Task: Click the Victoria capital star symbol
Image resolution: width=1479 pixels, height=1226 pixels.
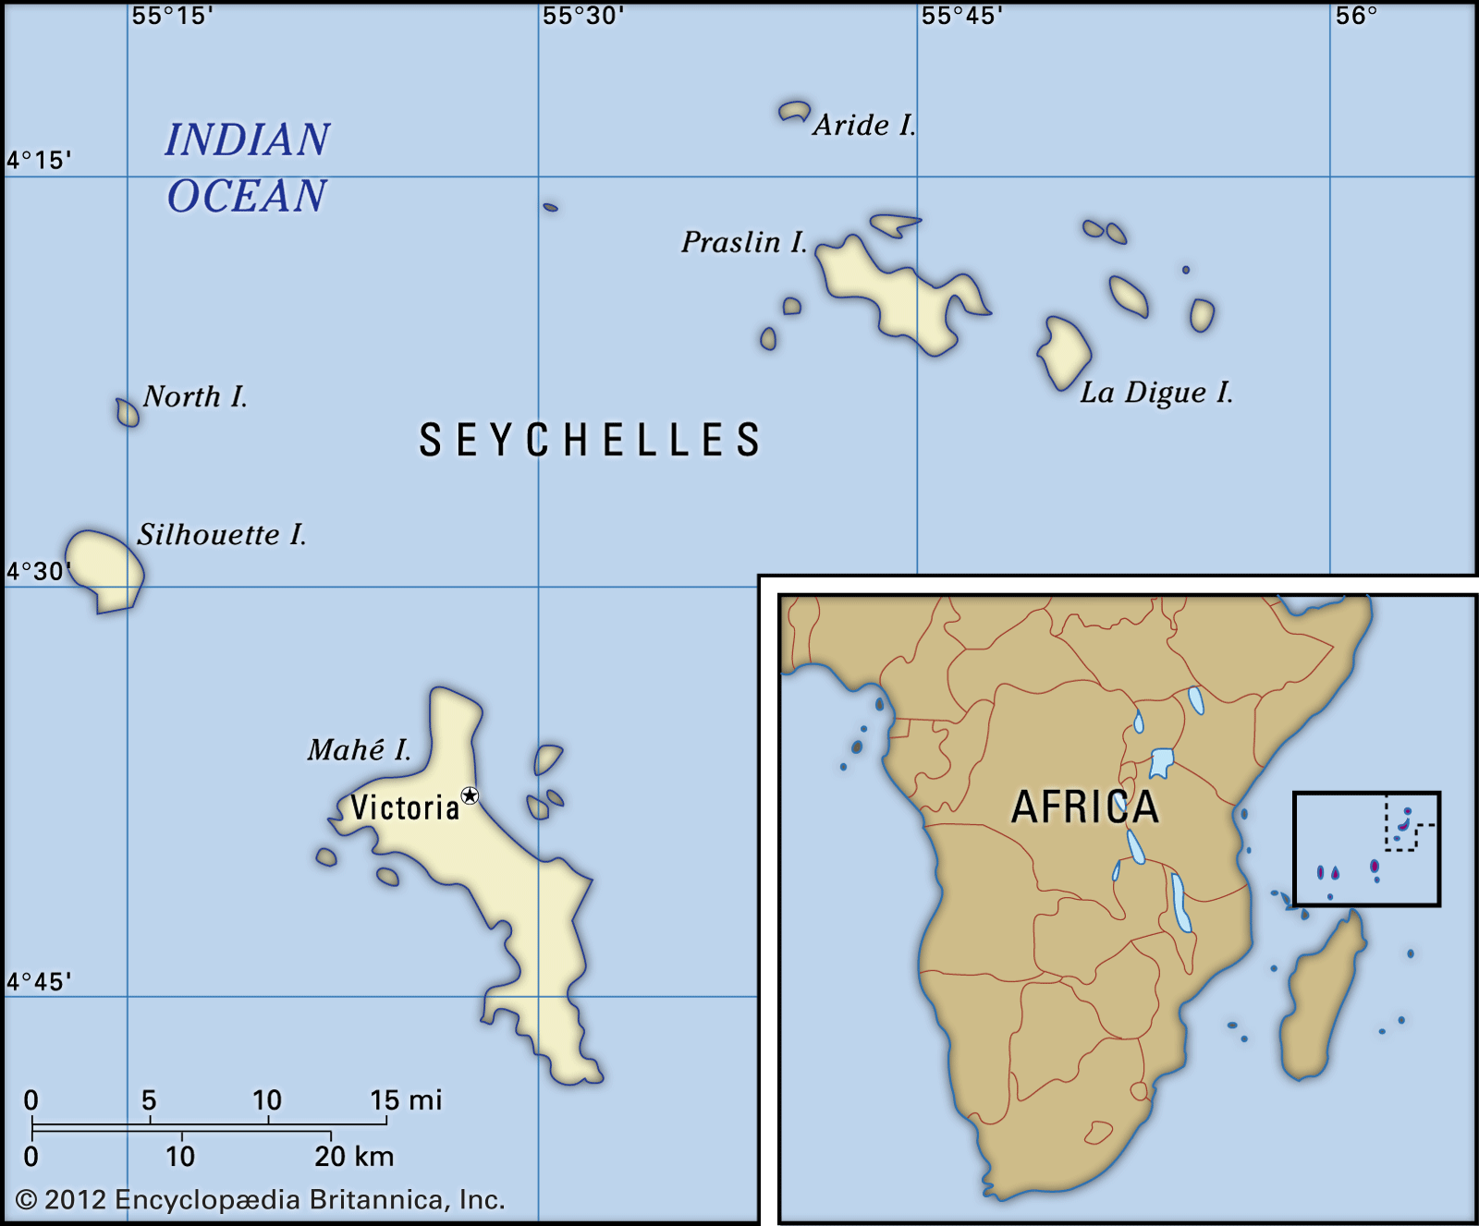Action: pos(471,795)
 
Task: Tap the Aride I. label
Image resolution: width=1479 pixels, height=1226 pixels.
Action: pos(864,125)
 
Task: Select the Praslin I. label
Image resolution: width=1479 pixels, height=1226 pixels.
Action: pos(744,242)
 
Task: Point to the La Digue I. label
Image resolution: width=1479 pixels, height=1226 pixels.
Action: pos(1156,393)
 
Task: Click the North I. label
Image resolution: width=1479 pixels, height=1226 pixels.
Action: pos(195,397)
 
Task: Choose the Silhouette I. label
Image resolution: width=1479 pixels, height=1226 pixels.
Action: pos(222,535)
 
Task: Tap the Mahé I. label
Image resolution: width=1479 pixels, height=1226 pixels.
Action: pos(359,749)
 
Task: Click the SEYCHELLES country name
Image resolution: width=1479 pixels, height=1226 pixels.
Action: pos(590,440)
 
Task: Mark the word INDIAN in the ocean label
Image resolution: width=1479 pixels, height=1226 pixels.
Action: pos(247,140)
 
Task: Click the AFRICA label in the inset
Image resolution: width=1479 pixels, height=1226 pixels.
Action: pos(1085,807)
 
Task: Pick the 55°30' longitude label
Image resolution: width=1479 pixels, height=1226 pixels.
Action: pos(583,16)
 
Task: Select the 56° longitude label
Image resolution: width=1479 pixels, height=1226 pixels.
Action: pos(1356,16)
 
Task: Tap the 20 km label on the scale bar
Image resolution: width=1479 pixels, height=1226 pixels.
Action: pos(354,1157)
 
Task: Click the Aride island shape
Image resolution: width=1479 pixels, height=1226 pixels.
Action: pos(793,112)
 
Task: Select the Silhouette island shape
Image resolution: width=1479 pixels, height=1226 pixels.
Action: pos(104,567)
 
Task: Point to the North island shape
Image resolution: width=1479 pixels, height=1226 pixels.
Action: pos(128,412)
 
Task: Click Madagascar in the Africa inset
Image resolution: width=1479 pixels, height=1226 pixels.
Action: pos(1322,998)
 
